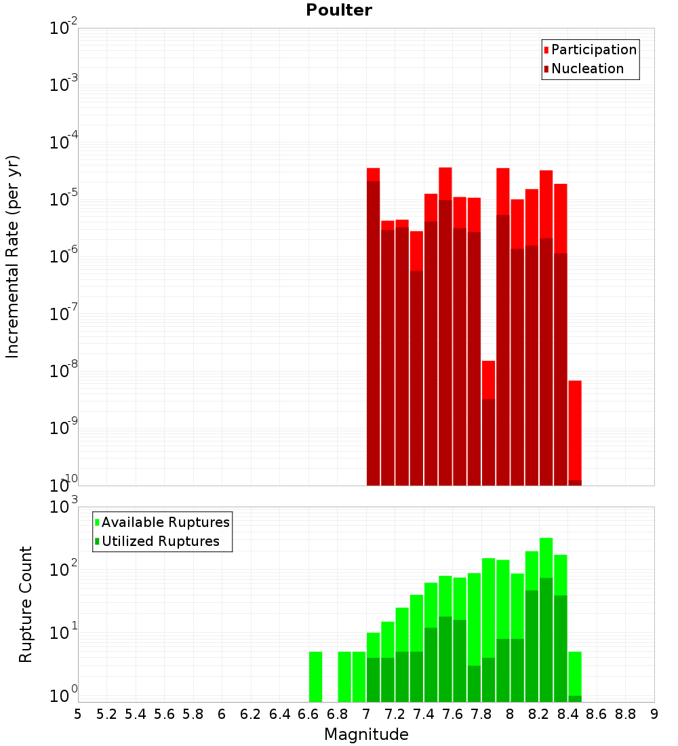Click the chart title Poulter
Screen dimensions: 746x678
click(x=338, y=10)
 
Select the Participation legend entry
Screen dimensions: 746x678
click(x=593, y=50)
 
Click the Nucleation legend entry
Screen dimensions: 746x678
click(x=587, y=68)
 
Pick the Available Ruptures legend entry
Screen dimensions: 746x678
click(x=165, y=522)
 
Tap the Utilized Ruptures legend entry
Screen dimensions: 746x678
click(x=160, y=541)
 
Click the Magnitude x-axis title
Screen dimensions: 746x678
click(x=366, y=734)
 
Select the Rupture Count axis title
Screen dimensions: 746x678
click(x=26, y=604)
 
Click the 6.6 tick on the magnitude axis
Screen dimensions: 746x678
click(x=308, y=714)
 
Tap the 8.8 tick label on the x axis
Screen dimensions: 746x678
click(x=625, y=714)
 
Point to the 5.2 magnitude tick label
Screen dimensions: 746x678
click(x=106, y=714)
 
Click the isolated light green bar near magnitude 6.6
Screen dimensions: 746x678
click(x=315, y=676)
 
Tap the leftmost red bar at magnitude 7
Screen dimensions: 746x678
click(x=373, y=326)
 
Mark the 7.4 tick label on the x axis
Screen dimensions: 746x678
click(x=424, y=714)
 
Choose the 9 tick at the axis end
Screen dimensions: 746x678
click(x=654, y=714)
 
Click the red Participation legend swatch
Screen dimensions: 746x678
click(x=546, y=50)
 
